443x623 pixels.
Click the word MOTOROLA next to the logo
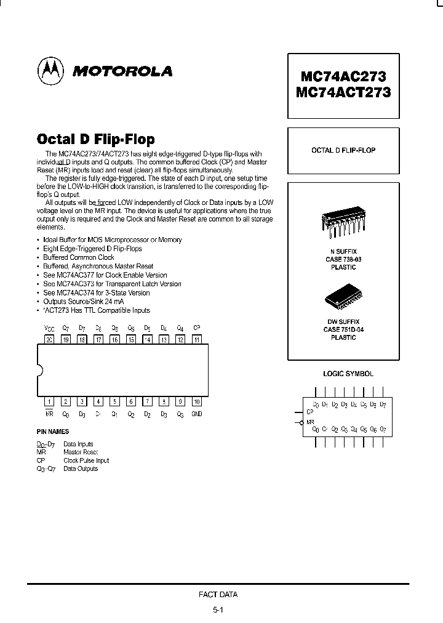(x=122, y=72)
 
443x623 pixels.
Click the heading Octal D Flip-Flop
(x=96, y=139)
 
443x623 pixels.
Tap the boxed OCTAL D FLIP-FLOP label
(x=343, y=150)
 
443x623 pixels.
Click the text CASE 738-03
(x=343, y=259)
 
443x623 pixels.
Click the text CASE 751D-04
(x=343, y=330)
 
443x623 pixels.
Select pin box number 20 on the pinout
(x=50, y=339)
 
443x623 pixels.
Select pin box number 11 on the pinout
(x=196, y=339)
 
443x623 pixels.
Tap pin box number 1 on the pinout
(x=50, y=401)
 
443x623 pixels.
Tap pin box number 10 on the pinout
(x=196, y=401)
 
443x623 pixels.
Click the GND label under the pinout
(x=196, y=414)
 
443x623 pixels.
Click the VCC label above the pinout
(x=49, y=328)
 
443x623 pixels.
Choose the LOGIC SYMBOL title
(x=348, y=374)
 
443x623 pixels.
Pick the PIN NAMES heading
(x=52, y=432)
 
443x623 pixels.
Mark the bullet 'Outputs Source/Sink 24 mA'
(x=83, y=302)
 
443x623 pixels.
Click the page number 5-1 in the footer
(x=218, y=609)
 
